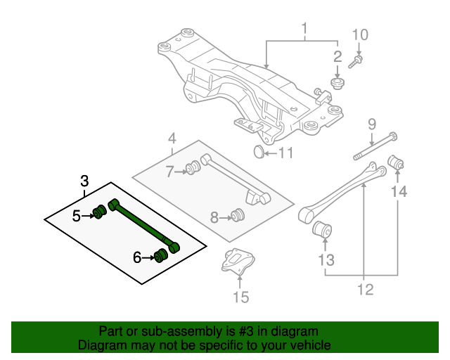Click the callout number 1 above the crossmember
pyautogui.click(x=305, y=30)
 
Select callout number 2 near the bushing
pyautogui.click(x=337, y=56)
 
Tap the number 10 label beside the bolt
pyautogui.click(x=359, y=34)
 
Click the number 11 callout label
pyautogui.click(x=285, y=153)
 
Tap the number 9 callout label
pyautogui.click(x=372, y=126)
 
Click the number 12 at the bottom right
pyautogui.click(x=364, y=289)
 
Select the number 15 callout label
pyautogui.click(x=240, y=298)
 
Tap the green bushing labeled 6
pyautogui.click(x=161, y=254)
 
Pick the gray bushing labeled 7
pyautogui.click(x=191, y=169)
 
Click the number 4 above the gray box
pyautogui.click(x=172, y=139)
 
